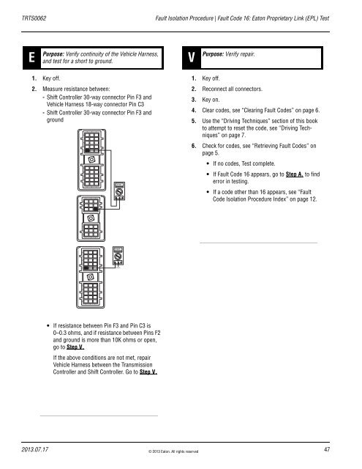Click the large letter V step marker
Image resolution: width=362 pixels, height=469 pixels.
[192, 56]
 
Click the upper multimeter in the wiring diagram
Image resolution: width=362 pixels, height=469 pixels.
[118, 193]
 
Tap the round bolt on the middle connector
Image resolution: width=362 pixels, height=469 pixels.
[91, 218]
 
